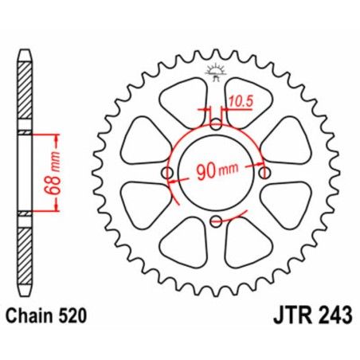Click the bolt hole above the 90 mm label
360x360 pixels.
pyautogui.click(x=217, y=124)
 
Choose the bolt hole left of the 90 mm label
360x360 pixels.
pyautogui.click(x=167, y=174)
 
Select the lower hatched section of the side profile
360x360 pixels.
pyautogui.click(x=25, y=255)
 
